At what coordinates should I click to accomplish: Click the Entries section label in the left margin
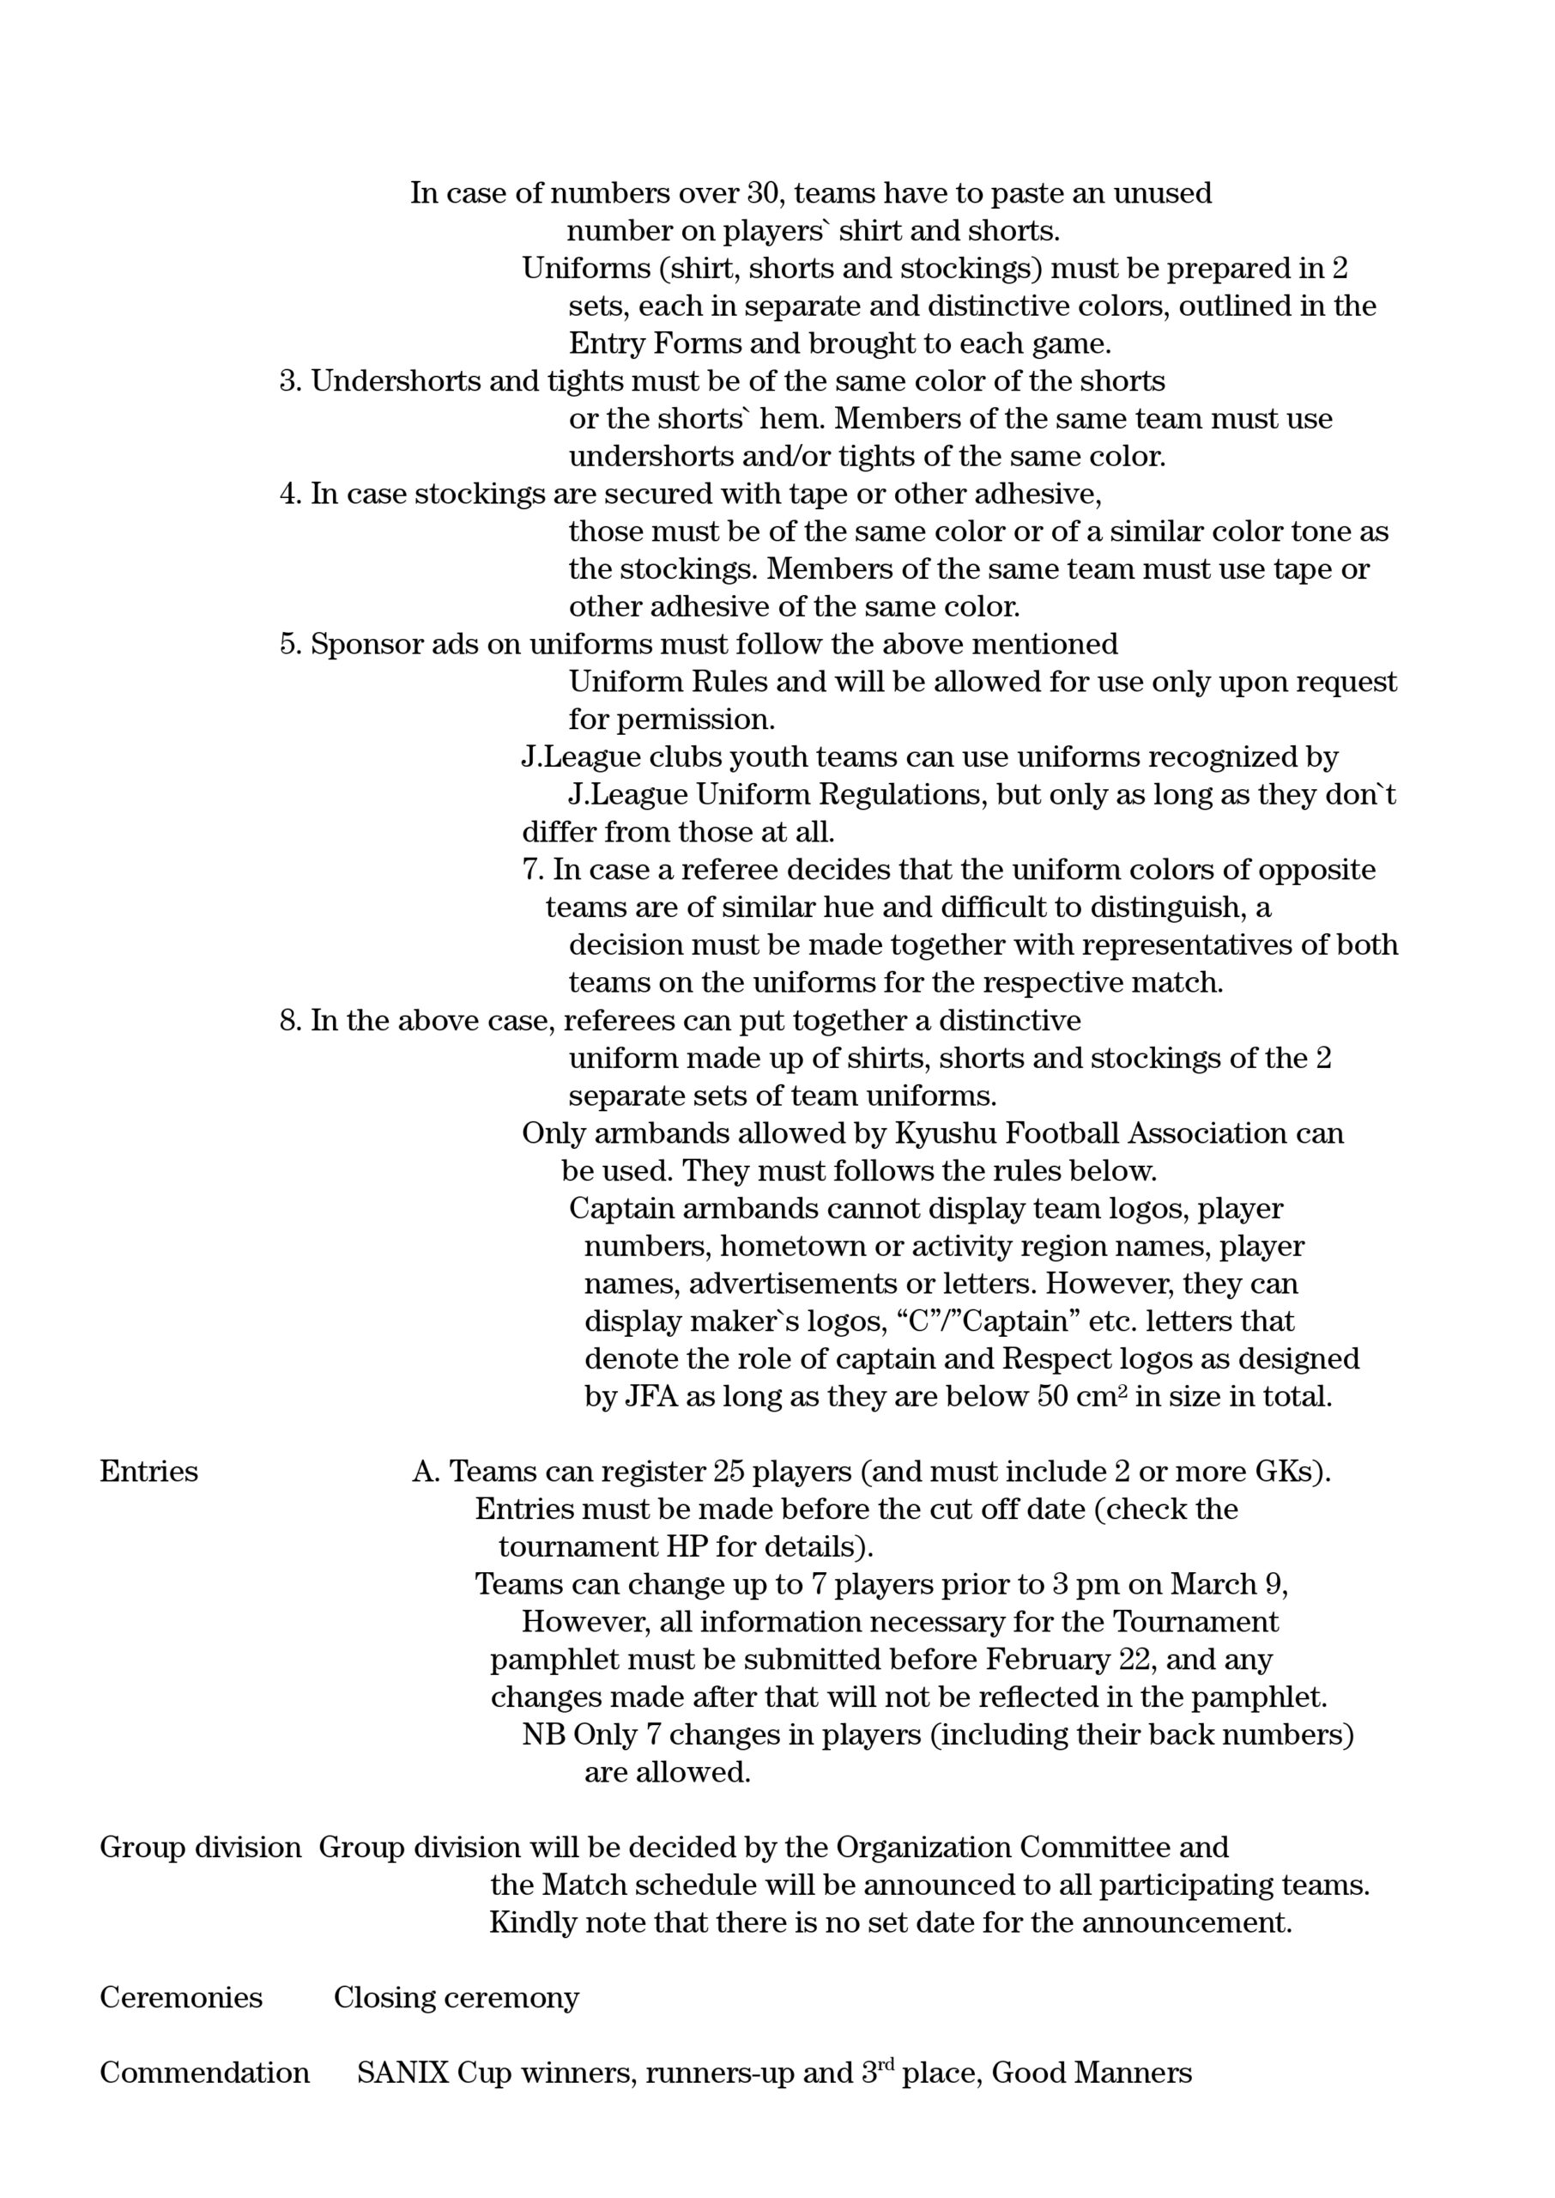(x=148, y=1472)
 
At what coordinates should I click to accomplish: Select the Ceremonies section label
(x=181, y=1998)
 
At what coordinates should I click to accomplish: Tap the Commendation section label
(x=204, y=2073)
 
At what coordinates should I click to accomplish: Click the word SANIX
(x=403, y=2073)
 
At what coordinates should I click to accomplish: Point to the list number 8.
(x=290, y=1021)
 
